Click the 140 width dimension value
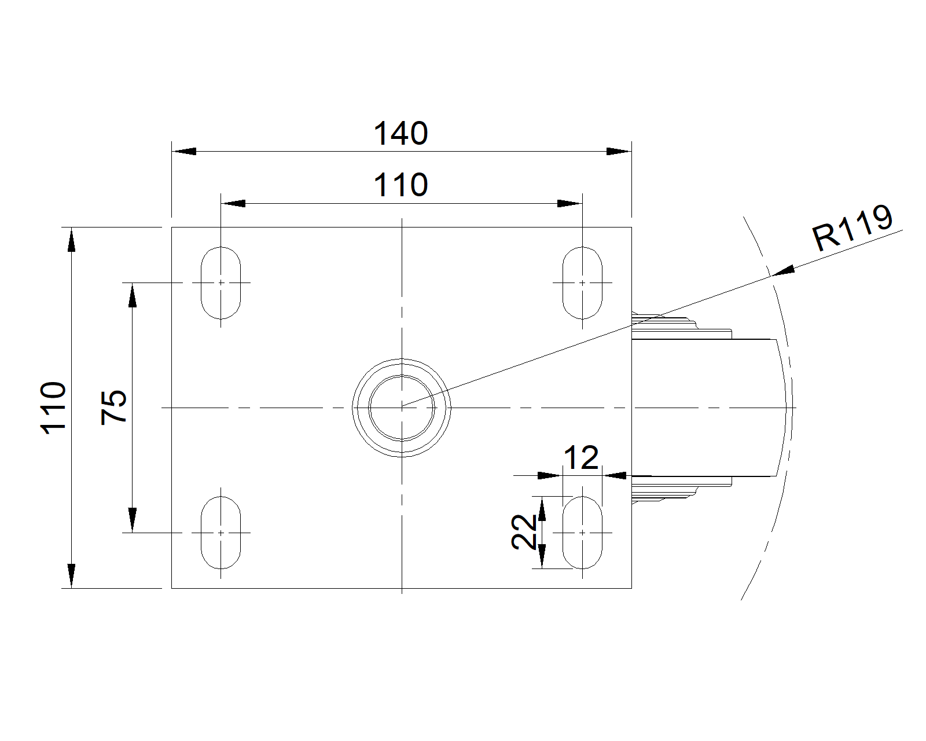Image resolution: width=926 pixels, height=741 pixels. (x=400, y=134)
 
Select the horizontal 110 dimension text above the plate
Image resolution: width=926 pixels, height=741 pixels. (x=400, y=185)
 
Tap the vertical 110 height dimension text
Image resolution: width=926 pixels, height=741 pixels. (x=54, y=406)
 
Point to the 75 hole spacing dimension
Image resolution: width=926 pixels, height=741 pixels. (x=114, y=407)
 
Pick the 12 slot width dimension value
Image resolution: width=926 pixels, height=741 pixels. (x=581, y=458)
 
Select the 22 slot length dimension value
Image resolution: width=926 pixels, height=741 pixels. (x=524, y=531)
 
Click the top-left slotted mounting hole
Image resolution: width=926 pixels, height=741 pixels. (x=221, y=283)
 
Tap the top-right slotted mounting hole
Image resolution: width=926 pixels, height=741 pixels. (x=582, y=283)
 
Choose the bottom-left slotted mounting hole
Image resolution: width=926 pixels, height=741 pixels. (x=221, y=532)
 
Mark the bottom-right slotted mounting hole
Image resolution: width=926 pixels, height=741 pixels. (x=582, y=532)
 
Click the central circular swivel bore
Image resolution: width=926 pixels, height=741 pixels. (x=402, y=407)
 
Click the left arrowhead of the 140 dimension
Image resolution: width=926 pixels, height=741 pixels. (x=184, y=152)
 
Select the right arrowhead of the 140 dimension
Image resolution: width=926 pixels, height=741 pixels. (x=619, y=152)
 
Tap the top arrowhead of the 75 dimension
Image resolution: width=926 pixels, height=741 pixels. (x=133, y=295)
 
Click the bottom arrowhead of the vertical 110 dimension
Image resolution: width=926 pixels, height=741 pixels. (x=71, y=575)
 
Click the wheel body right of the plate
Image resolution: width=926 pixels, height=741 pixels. (x=706, y=407)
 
